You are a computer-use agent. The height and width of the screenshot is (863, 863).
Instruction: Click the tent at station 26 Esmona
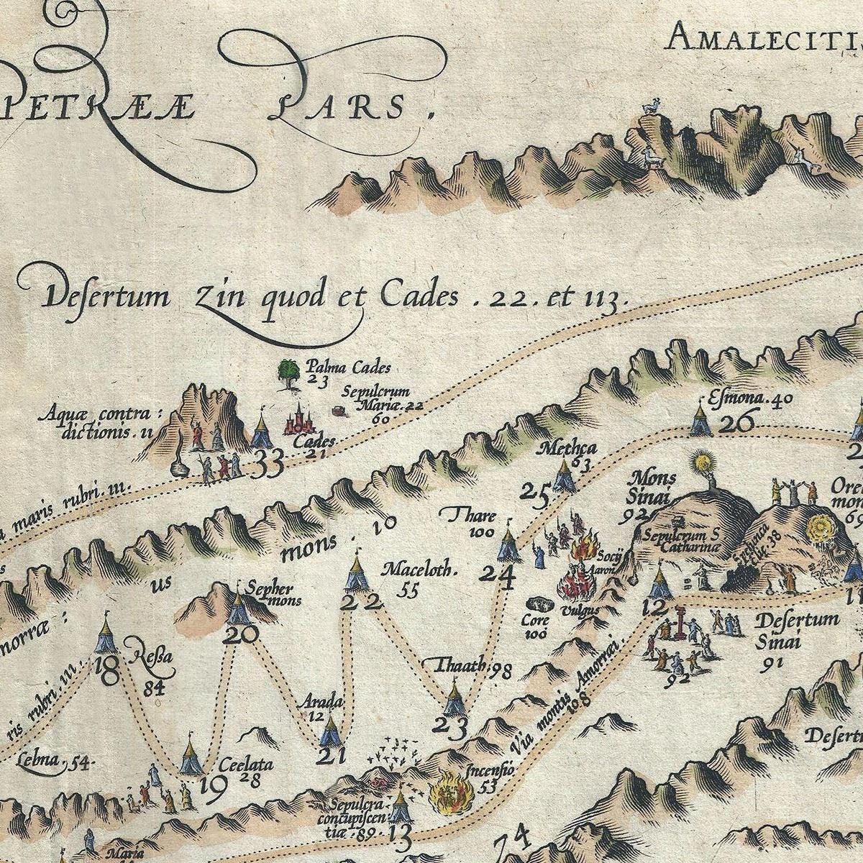(x=698, y=419)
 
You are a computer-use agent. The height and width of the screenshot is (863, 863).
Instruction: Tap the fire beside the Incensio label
(x=447, y=793)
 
